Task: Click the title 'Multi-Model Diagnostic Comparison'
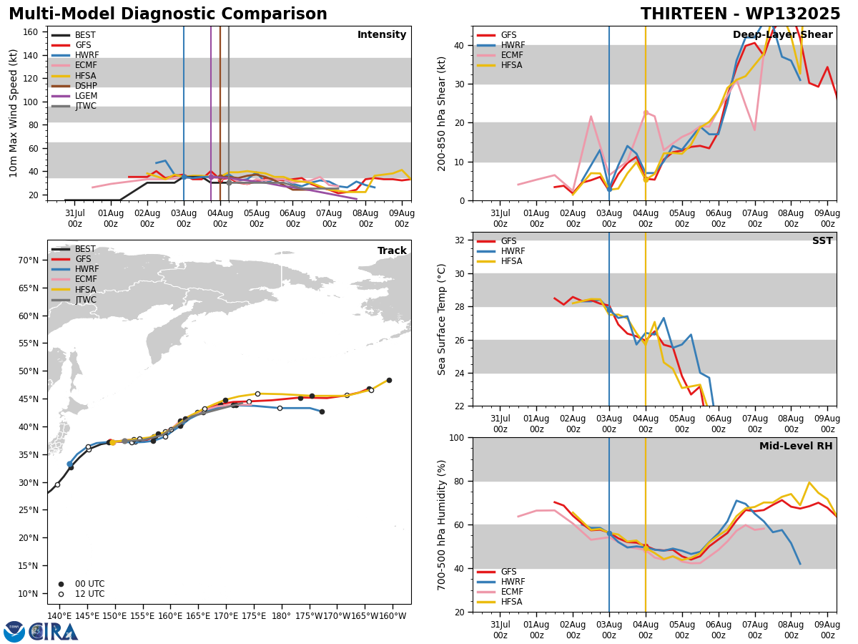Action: pyautogui.click(x=168, y=14)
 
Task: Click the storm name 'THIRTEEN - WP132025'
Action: pyautogui.click(x=740, y=14)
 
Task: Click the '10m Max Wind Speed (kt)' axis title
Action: pyautogui.click(x=13, y=113)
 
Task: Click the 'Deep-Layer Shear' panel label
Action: pyautogui.click(x=782, y=34)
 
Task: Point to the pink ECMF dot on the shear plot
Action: pyautogui.click(x=646, y=112)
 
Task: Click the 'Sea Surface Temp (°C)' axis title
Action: pyautogui.click(x=441, y=319)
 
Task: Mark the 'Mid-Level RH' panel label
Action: pyautogui.click(x=796, y=446)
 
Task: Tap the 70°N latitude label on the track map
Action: pyautogui.click(x=28, y=260)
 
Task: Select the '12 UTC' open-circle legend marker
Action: pyautogui.click(x=61, y=594)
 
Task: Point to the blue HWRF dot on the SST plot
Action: pyautogui.click(x=609, y=310)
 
